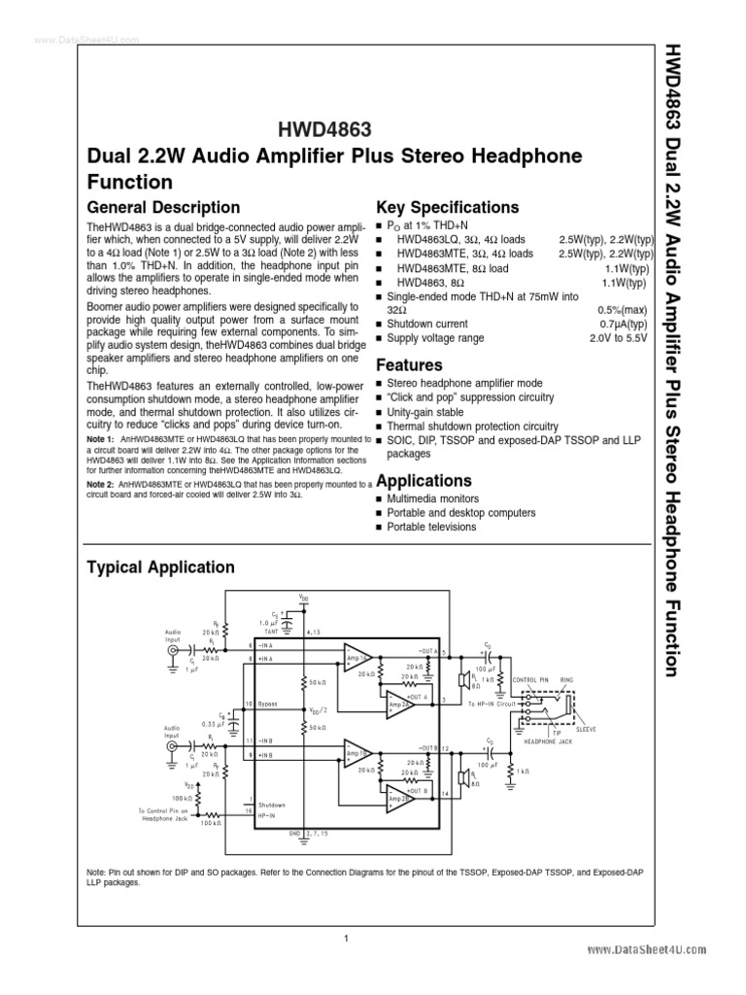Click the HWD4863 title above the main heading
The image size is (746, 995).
325,128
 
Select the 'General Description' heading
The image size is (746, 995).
163,207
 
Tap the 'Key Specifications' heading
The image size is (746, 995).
447,207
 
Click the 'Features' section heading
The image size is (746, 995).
409,364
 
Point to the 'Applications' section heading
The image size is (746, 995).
424,480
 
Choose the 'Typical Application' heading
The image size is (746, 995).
160,566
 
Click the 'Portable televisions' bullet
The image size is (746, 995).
431,527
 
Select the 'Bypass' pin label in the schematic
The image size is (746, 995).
271,703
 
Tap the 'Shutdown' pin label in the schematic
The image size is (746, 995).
272,805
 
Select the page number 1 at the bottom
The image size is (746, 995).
345,938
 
